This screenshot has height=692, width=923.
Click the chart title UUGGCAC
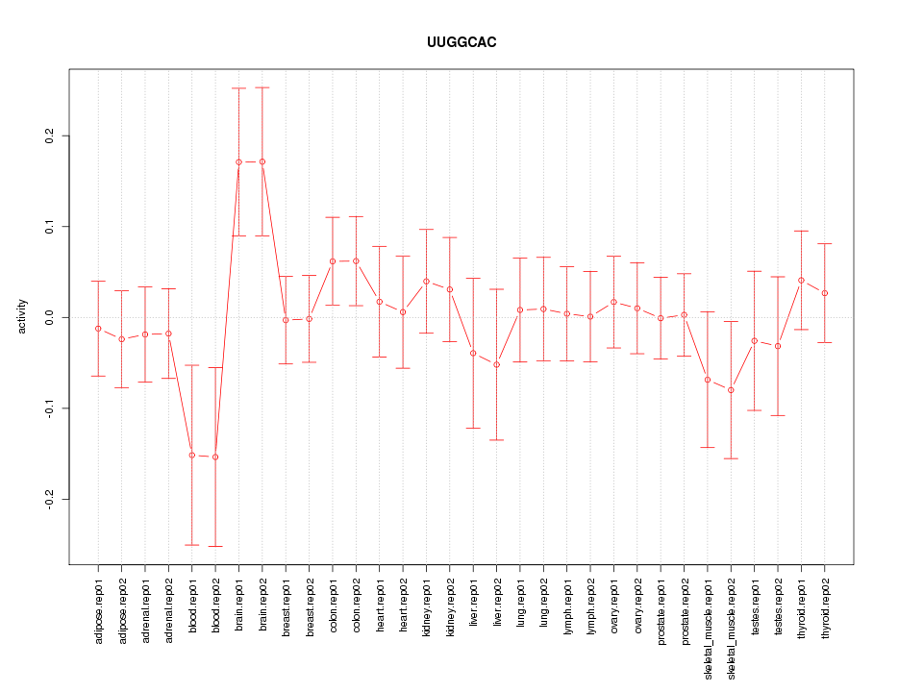[x=461, y=43]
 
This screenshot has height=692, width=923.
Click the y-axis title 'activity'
[x=22, y=316]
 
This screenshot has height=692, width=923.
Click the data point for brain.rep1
[x=238, y=162]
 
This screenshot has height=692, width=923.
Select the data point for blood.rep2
[x=215, y=457]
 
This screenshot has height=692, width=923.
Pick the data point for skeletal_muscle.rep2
[x=731, y=390]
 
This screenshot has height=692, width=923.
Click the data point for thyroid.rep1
[x=801, y=280]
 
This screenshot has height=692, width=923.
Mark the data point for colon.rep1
[x=333, y=261]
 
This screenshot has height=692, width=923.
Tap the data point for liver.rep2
[x=497, y=364]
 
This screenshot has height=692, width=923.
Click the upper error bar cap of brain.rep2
[x=262, y=87]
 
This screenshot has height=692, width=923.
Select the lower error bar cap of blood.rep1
[x=192, y=545]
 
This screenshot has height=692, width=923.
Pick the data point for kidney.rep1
[x=426, y=282]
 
